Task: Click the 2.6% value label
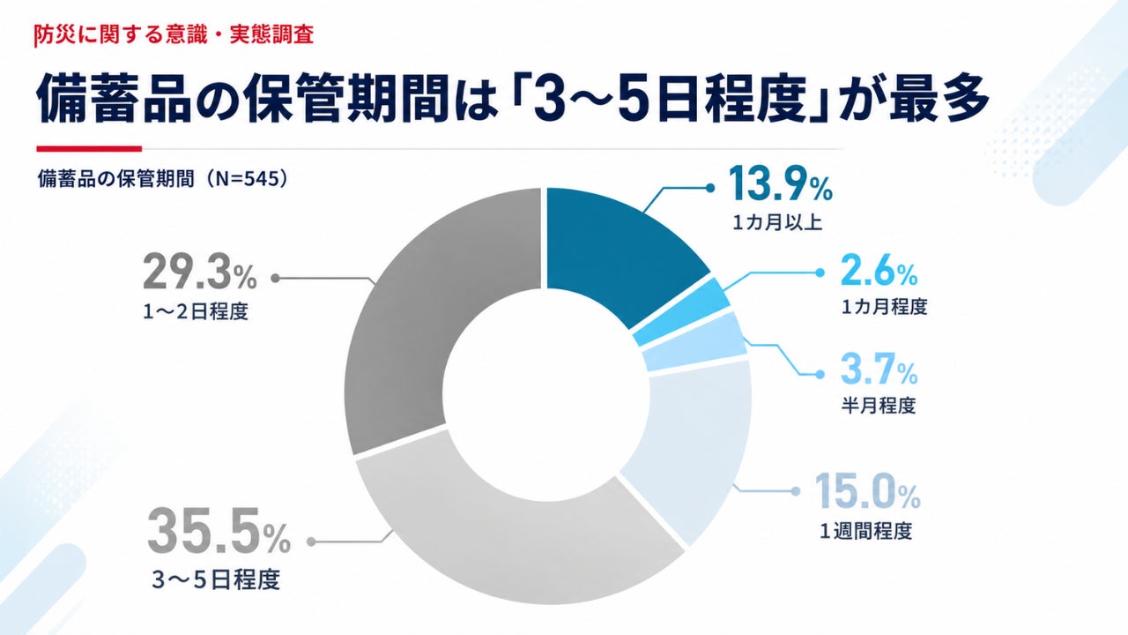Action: (879, 272)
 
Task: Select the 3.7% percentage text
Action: (879, 370)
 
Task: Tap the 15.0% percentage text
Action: (867, 491)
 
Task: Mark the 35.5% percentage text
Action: (219, 531)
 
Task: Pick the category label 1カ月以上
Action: (777, 222)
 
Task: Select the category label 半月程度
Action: (879, 405)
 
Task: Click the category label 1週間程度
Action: (866, 531)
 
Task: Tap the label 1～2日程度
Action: (196, 312)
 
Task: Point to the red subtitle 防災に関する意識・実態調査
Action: (174, 34)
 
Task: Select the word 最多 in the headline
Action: (939, 98)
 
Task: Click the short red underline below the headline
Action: (89, 149)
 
